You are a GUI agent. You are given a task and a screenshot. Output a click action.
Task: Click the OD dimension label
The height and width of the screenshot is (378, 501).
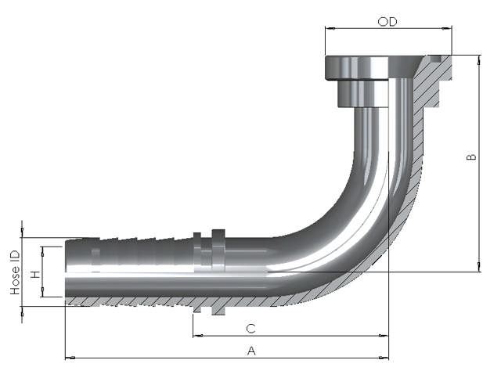[x=387, y=22]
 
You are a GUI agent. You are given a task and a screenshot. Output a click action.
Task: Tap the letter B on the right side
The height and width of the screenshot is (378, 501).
[x=471, y=157]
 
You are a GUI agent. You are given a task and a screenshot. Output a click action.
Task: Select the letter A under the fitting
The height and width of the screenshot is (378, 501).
[x=251, y=351]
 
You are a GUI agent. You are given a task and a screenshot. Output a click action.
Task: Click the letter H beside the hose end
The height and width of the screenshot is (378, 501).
[x=34, y=275]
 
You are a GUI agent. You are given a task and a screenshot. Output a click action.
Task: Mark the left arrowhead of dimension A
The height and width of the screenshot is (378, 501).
[x=69, y=358]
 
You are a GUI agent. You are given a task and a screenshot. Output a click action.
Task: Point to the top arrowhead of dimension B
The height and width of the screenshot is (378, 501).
[x=479, y=59]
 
